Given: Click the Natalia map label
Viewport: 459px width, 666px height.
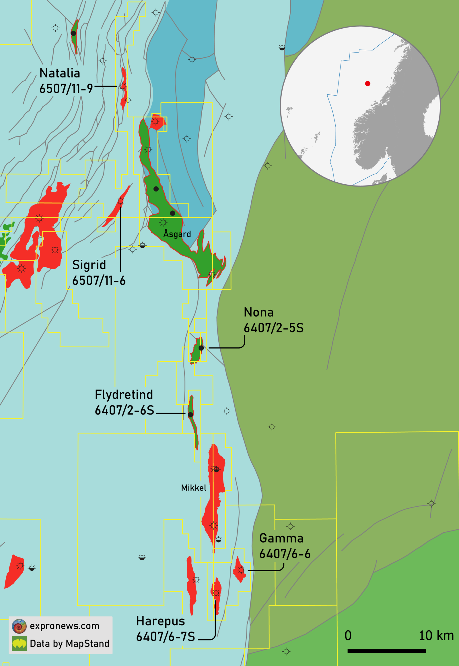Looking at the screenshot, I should [x=60, y=73].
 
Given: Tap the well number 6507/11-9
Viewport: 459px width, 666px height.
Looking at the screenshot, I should [x=66, y=89].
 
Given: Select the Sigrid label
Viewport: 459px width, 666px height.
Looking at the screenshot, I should [x=89, y=265].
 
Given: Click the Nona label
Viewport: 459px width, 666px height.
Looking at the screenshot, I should [x=258, y=312].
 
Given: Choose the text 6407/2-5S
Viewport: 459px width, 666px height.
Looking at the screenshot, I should [x=273, y=328].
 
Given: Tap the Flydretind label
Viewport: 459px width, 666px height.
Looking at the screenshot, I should [x=124, y=395].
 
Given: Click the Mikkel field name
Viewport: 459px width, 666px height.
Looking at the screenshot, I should [x=194, y=487].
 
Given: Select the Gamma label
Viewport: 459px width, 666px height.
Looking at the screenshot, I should [x=281, y=538].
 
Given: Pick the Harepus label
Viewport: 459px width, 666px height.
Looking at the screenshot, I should [x=160, y=621].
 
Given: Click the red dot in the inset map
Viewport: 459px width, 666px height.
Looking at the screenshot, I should [x=367, y=84].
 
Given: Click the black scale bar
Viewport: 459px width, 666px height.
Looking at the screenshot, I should [x=386, y=650].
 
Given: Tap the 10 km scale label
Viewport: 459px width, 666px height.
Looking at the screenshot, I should [x=436, y=636].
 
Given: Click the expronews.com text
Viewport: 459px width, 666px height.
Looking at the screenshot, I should [x=65, y=626].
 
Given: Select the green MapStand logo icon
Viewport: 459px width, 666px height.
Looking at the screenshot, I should [x=19, y=643].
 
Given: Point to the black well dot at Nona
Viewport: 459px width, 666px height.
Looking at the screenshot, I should [x=201, y=348].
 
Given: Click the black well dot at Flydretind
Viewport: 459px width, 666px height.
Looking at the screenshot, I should [x=190, y=415].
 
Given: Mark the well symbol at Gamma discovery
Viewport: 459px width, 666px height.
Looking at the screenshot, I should [x=241, y=570].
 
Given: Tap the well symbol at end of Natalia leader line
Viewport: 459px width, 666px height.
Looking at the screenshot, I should [x=123, y=86].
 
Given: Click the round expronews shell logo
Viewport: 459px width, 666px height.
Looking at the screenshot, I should [x=19, y=626].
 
